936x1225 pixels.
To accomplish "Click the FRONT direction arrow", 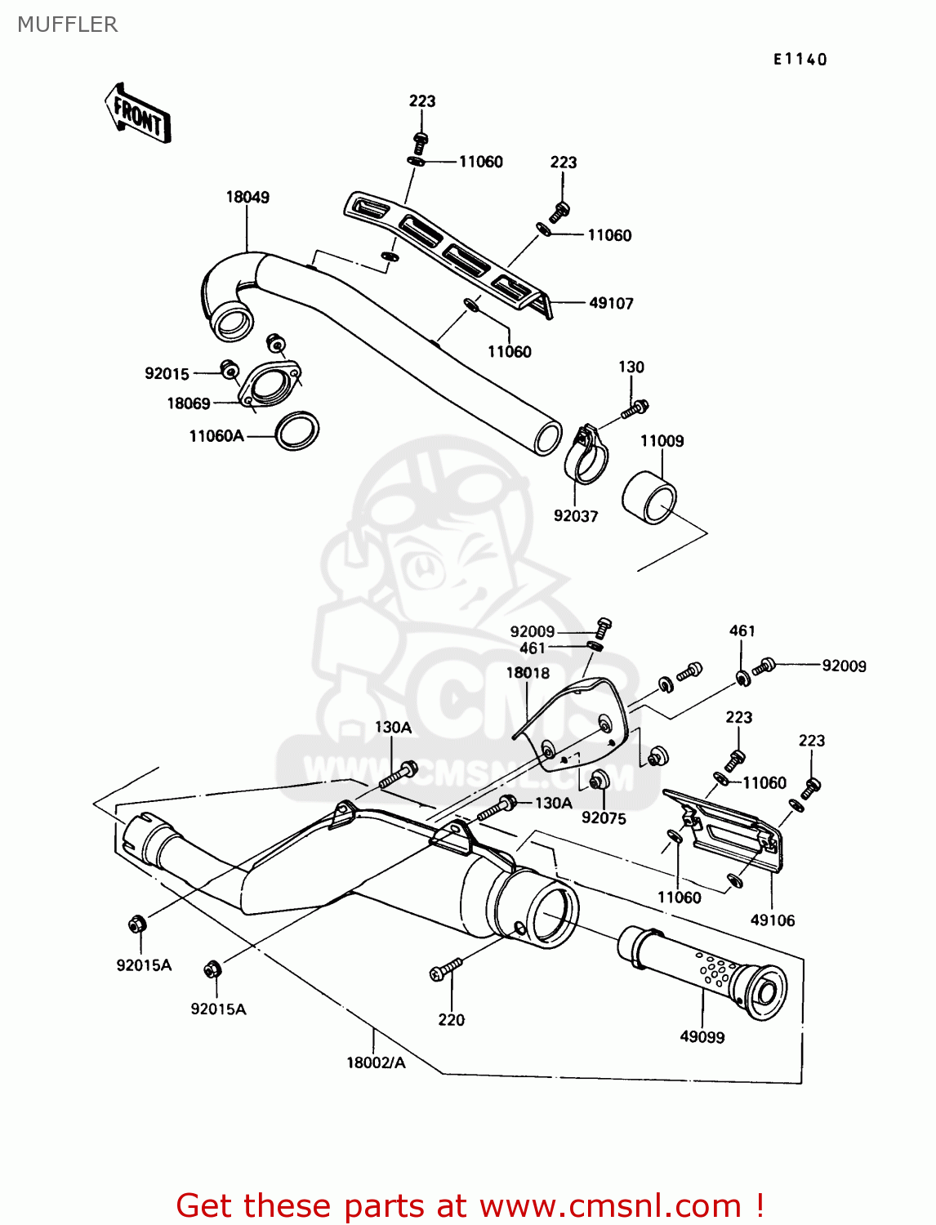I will coord(138,114).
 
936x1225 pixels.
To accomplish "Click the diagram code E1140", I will coord(800,59).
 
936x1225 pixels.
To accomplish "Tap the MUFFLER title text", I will coord(67,24).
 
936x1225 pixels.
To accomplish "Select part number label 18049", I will coord(247,197).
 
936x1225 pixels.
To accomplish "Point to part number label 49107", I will coord(611,303).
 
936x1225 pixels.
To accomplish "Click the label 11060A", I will coord(216,436).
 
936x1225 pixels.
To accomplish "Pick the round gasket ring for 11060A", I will coord(296,431).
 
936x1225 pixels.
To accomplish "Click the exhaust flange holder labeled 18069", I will coord(269,384).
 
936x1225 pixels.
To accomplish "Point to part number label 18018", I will coord(528,673).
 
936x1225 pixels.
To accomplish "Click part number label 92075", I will coord(604,818).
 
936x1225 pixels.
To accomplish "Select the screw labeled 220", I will coord(445,969).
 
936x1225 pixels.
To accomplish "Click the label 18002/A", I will coord(376,1062).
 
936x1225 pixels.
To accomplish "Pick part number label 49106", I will coord(772,920).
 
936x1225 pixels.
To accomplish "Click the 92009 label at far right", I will coord(844,666).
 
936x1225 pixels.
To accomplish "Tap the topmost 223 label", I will coord(422,101).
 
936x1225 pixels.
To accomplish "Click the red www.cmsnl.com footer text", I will coord(470,1205).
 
